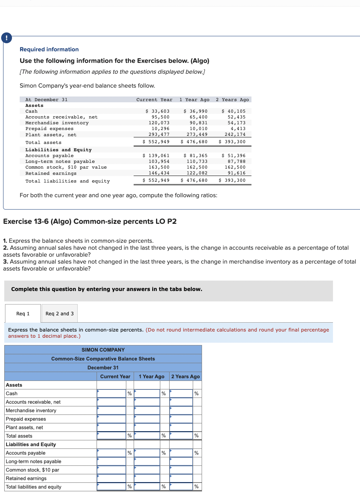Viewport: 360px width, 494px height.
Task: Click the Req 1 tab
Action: pos(23,313)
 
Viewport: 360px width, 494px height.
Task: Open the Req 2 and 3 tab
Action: pos(59,313)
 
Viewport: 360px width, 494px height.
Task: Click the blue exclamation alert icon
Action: pos(6,38)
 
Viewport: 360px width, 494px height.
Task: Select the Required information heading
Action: pos(49,49)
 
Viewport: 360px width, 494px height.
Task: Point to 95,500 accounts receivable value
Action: pos(160,117)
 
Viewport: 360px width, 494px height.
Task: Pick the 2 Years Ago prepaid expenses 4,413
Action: pos(238,129)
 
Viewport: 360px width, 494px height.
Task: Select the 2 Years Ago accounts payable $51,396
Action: pos(234,156)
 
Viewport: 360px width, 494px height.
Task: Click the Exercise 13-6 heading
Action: pos(90,221)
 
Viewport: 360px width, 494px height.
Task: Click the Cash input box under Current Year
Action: pos(111,394)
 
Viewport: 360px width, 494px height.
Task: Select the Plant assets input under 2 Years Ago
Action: pos(181,428)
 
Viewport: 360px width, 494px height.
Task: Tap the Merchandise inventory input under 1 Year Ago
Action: pos(147,411)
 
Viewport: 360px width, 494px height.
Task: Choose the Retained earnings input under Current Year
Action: pos(111,479)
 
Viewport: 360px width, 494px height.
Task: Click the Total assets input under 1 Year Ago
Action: pos(147,436)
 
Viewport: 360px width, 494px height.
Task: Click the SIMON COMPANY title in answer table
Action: pos(103,350)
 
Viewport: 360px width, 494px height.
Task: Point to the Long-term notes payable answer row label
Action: pos(34,462)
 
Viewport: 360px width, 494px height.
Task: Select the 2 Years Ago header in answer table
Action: pos(185,376)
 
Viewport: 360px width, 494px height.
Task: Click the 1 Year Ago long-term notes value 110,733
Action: pos(197,161)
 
